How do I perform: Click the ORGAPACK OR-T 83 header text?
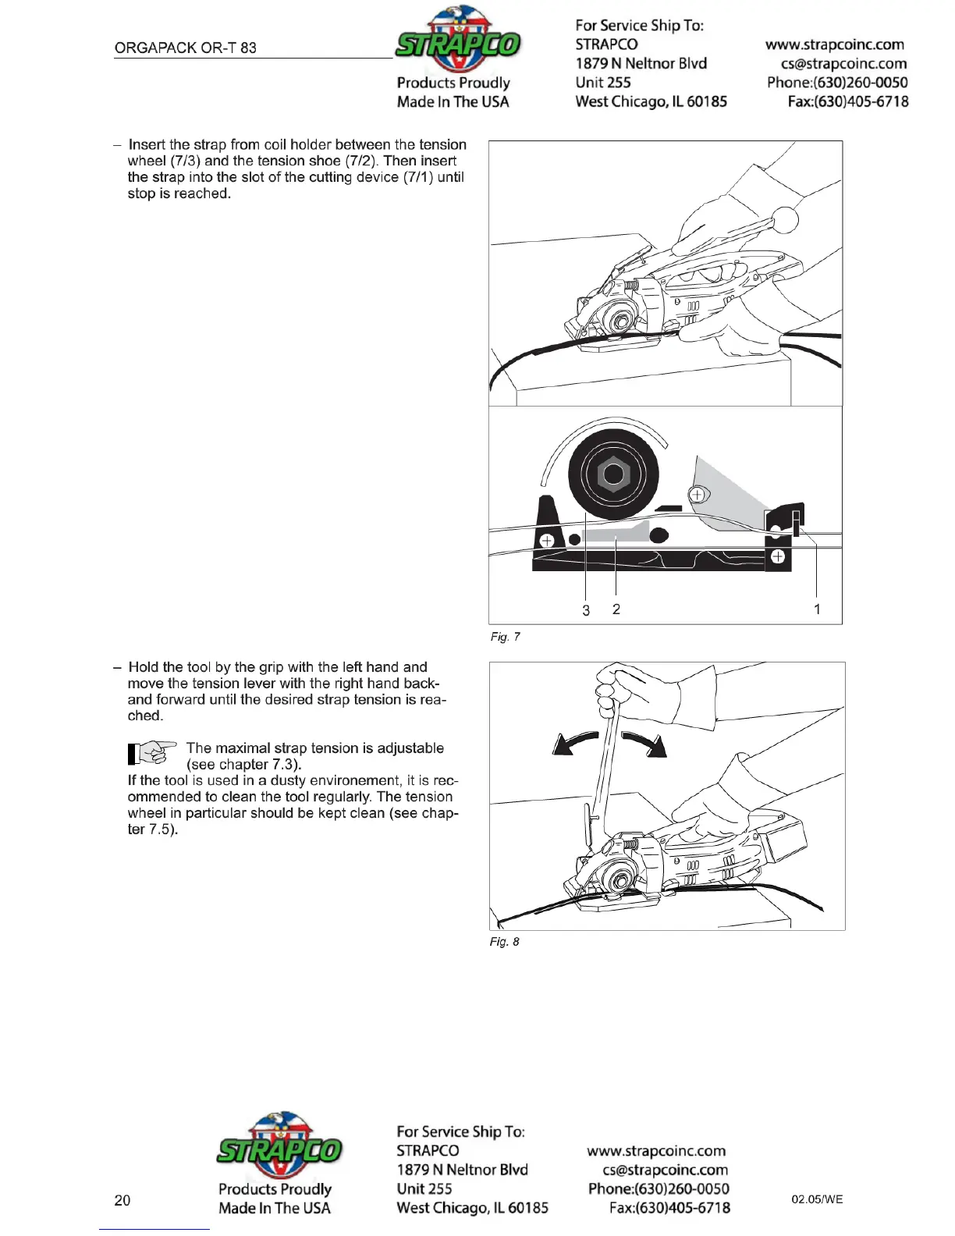coord(185,48)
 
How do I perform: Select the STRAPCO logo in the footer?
coord(279,1148)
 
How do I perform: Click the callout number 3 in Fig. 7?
coord(586,610)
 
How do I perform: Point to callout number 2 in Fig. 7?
coord(616,609)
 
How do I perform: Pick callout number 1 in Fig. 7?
coord(817,609)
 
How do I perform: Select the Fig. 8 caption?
coord(504,942)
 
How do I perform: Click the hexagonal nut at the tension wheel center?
coord(613,474)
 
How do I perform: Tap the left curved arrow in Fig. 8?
coord(576,744)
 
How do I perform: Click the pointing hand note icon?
coord(151,753)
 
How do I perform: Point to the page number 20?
coord(122,1200)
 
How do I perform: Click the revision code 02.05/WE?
coord(817,1199)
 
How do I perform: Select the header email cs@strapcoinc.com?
coord(843,64)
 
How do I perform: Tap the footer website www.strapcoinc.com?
coord(656,1151)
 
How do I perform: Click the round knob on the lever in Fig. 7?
coord(786,219)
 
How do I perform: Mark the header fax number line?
coord(847,101)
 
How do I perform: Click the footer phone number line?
coord(659,1189)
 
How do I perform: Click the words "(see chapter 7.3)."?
coord(243,765)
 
